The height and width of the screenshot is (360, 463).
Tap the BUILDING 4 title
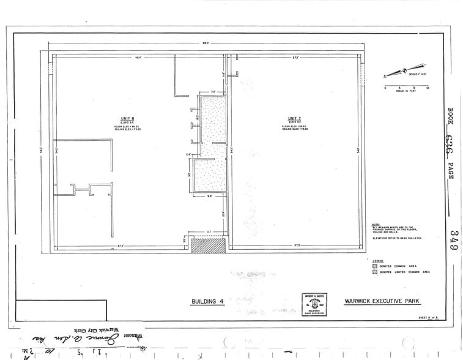pyautogui.click(x=209, y=302)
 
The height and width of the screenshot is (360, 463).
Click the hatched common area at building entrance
pyautogui.click(x=208, y=246)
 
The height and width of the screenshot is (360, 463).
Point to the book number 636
pyautogui.click(x=453, y=143)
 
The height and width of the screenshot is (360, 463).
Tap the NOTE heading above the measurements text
pyautogui.click(x=375, y=224)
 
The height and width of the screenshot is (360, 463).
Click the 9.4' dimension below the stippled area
pyautogui.click(x=209, y=197)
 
